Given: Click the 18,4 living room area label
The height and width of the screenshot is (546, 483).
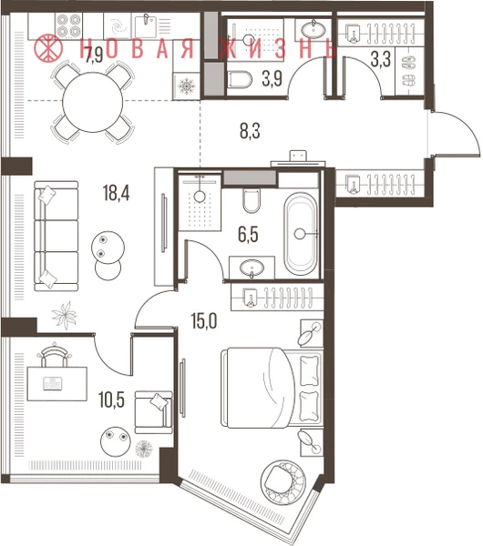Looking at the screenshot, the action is [x=116, y=193].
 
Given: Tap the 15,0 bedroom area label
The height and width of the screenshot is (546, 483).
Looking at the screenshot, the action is [x=204, y=320].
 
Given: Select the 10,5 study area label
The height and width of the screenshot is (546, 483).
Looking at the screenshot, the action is [x=111, y=399].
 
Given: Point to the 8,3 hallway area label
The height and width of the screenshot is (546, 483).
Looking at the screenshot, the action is [x=250, y=131].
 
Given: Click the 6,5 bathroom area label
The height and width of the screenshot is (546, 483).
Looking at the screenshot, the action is [x=248, y=234].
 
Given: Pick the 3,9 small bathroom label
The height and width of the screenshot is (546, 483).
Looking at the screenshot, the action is [x=272, y=78].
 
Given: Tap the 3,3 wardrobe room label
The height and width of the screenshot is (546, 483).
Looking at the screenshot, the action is [x=380, y=59].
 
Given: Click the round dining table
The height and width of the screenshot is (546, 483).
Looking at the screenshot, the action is [x=93, y=102].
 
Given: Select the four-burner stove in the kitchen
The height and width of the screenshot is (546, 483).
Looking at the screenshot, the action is [x=68, y=25].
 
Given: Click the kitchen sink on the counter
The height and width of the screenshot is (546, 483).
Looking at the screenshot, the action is [x=145, y=26].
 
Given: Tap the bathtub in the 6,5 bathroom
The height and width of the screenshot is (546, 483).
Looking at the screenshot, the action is [x=301, y=234].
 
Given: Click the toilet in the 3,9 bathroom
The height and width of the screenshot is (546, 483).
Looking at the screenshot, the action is [x=240, y=80].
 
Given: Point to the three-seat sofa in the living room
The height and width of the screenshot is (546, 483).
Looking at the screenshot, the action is [x=56, y=236].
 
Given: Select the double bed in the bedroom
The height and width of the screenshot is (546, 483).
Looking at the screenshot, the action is [x=271, y=387].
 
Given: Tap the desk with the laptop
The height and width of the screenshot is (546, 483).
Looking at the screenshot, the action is [x=57, y=384].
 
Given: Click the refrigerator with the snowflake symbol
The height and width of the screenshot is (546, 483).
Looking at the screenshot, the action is [x=187, y=86].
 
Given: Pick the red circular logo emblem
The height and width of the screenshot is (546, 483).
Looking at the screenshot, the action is [x=49, y=47].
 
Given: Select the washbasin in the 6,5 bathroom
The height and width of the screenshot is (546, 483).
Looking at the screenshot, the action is [x=252, y=268].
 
